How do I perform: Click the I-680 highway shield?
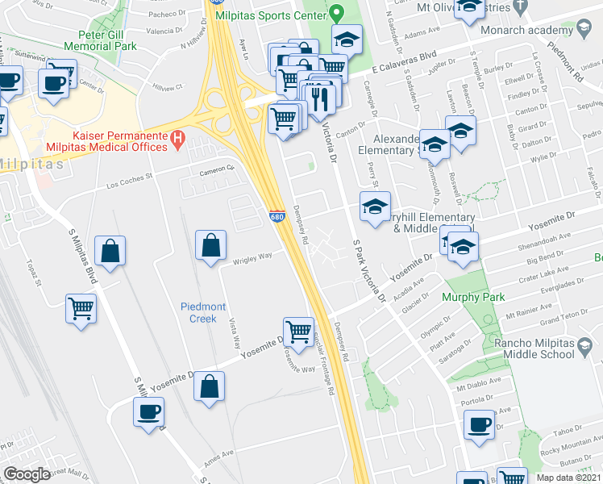(x=277, y=216)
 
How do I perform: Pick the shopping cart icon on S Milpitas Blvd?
(x=81, y=309)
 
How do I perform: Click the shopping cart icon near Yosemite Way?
(x=299, y=332)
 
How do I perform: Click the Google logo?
(x=27, y=474)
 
